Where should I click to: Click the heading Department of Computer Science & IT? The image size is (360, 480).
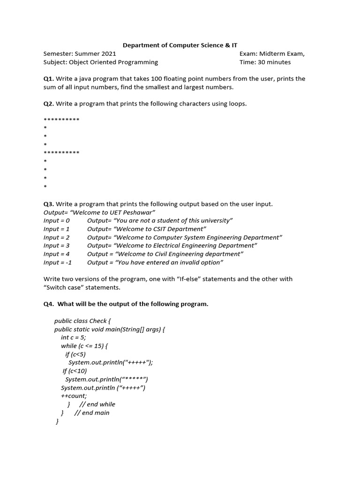tap(180, 45)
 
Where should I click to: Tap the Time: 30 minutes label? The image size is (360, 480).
tap(265, 62)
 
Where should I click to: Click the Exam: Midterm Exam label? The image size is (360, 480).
tap(272, 54)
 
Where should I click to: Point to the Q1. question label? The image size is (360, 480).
tap(49, 79)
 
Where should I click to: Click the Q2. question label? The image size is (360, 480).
tap(49, 104)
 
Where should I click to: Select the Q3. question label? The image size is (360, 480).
tap(49, 204)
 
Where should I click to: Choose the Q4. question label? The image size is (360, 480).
tap(49, 304)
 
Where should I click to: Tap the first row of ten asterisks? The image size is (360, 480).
tap(61, 120)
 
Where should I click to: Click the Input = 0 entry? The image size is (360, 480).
tap(56, 221)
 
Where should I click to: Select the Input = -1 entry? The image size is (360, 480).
tap(58, 262)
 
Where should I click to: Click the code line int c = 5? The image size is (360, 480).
tap(74, 337)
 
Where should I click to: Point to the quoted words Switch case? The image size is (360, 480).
tap(64, 287)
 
